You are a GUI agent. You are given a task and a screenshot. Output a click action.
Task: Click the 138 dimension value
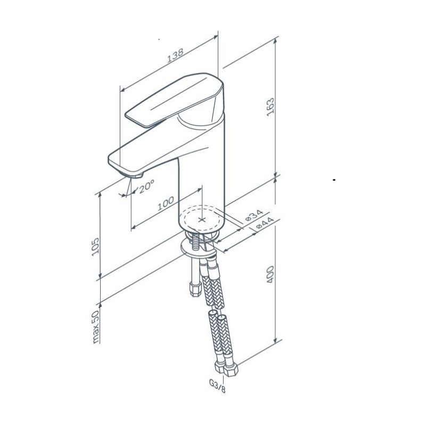(175, 55)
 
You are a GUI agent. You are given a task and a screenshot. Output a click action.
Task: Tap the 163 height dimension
(271, 108)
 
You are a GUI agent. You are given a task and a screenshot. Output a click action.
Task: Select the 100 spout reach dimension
(166, 203)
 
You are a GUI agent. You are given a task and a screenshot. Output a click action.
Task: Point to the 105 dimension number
(95, 247)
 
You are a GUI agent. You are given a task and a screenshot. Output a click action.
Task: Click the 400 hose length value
(271, 274)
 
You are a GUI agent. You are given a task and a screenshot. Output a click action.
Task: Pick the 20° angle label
(147, 186)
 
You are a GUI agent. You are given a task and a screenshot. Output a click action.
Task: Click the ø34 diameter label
(255, 215)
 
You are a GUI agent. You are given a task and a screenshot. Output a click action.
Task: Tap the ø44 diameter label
(265, 223)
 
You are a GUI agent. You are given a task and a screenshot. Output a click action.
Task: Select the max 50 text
(96, 326)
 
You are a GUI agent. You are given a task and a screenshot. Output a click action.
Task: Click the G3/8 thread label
(217, 386)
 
